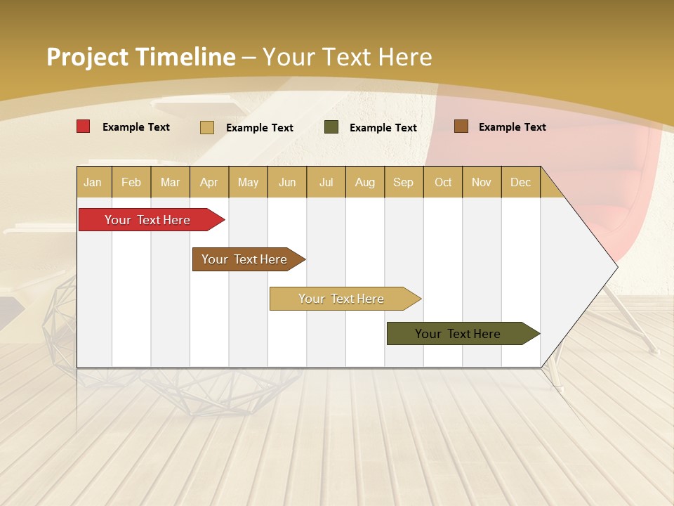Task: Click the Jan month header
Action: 93,182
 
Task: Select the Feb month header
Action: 131,182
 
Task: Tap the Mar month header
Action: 170,182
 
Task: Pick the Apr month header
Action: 209,182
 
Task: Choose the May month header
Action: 248,182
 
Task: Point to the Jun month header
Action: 287,182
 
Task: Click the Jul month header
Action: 326,182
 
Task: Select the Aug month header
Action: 365,182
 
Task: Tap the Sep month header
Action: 404,182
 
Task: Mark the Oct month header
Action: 443,182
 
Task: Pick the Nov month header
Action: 482,182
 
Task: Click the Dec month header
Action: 521,182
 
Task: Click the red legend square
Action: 84,126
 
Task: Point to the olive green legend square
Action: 331,127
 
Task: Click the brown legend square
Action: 461,126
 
